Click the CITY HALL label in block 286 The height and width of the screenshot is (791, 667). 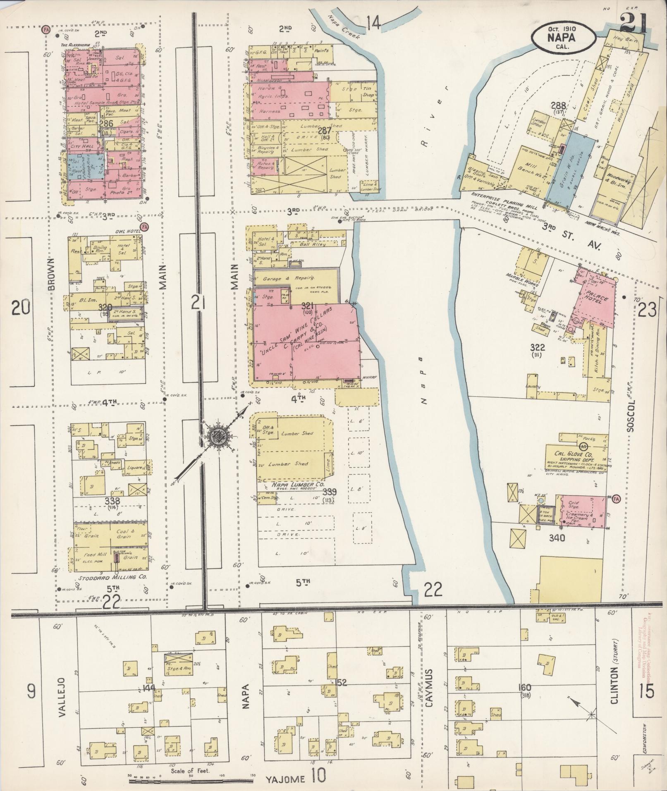pos(83,146)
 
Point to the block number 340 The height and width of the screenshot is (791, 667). pos(557,538)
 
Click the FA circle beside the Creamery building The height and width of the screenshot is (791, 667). pos(616,498)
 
